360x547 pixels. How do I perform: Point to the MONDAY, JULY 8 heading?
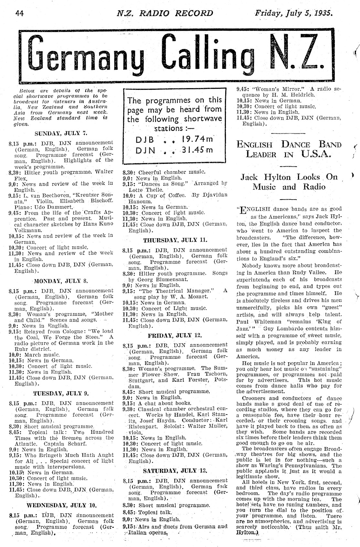(x=61, y=281)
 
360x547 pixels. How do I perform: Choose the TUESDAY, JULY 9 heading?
(x=61, y=393)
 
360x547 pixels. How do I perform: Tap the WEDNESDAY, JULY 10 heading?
(x=61, y=505)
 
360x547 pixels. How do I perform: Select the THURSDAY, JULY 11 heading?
(x=175, y=240)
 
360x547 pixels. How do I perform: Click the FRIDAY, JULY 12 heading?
(x=175, y=335)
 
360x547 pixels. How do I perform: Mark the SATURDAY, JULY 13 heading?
(x=175, y=470)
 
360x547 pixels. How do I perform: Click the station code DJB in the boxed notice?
(x=144, y=140)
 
